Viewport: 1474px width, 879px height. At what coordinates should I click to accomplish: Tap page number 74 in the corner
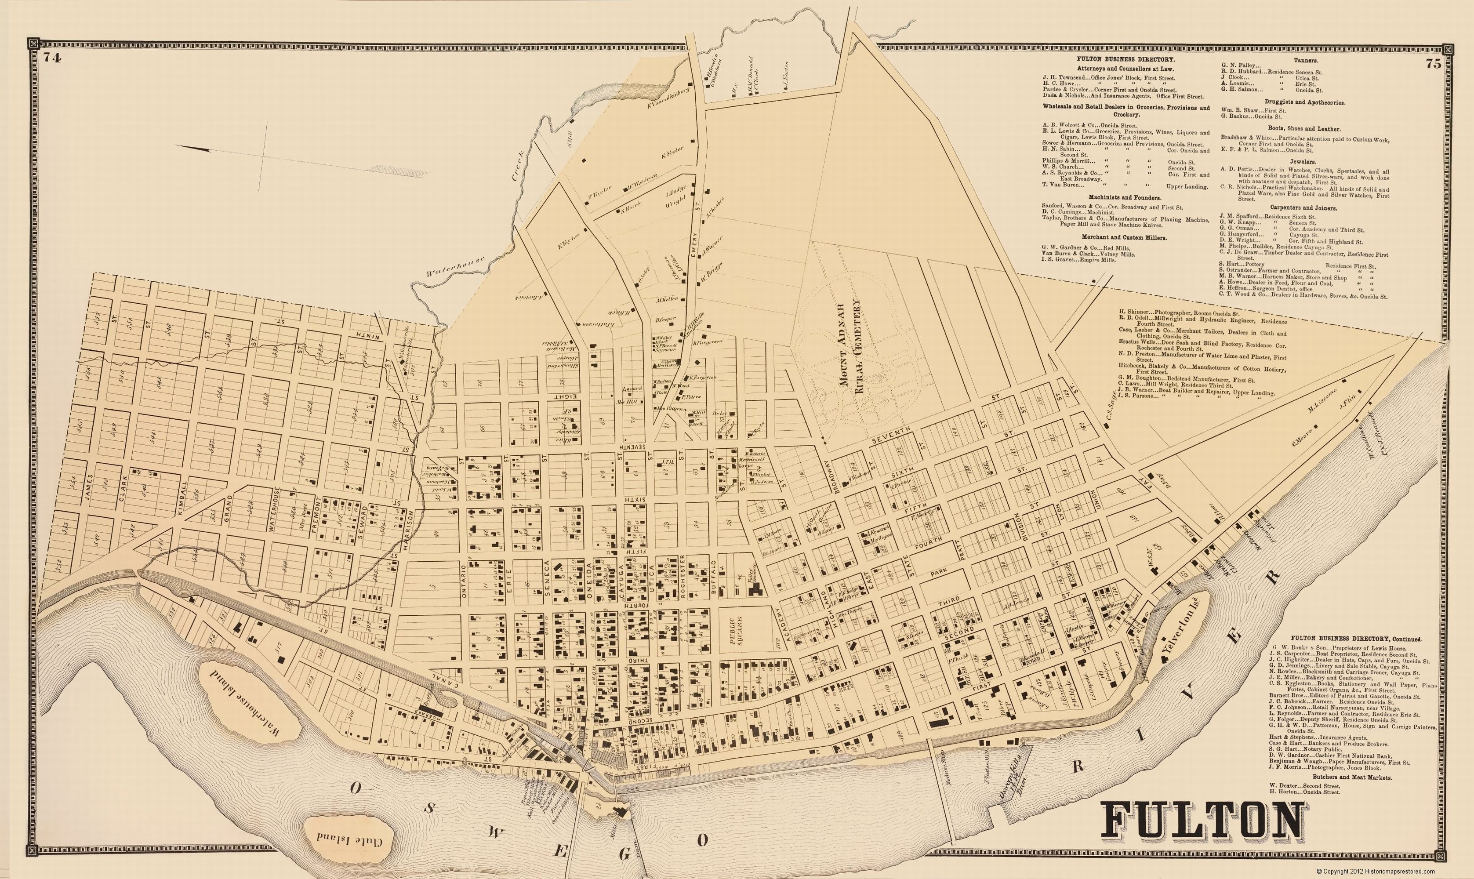point(53,58)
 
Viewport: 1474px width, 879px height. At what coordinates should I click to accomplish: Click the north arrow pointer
point(196,149)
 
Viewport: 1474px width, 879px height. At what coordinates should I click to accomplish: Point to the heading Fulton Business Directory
point(1126,60)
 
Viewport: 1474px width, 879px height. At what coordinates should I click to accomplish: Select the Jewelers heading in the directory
point(1305,162)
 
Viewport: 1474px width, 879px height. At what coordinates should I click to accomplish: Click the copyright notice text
point(1375,871)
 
